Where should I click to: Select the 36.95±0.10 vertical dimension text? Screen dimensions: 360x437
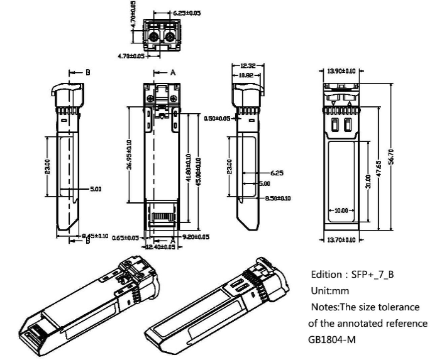130,155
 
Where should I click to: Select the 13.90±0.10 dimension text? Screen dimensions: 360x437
340,71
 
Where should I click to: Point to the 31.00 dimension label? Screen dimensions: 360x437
368,182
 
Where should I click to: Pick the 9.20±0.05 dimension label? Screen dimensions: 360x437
196,237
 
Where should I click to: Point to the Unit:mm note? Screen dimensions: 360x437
328,292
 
